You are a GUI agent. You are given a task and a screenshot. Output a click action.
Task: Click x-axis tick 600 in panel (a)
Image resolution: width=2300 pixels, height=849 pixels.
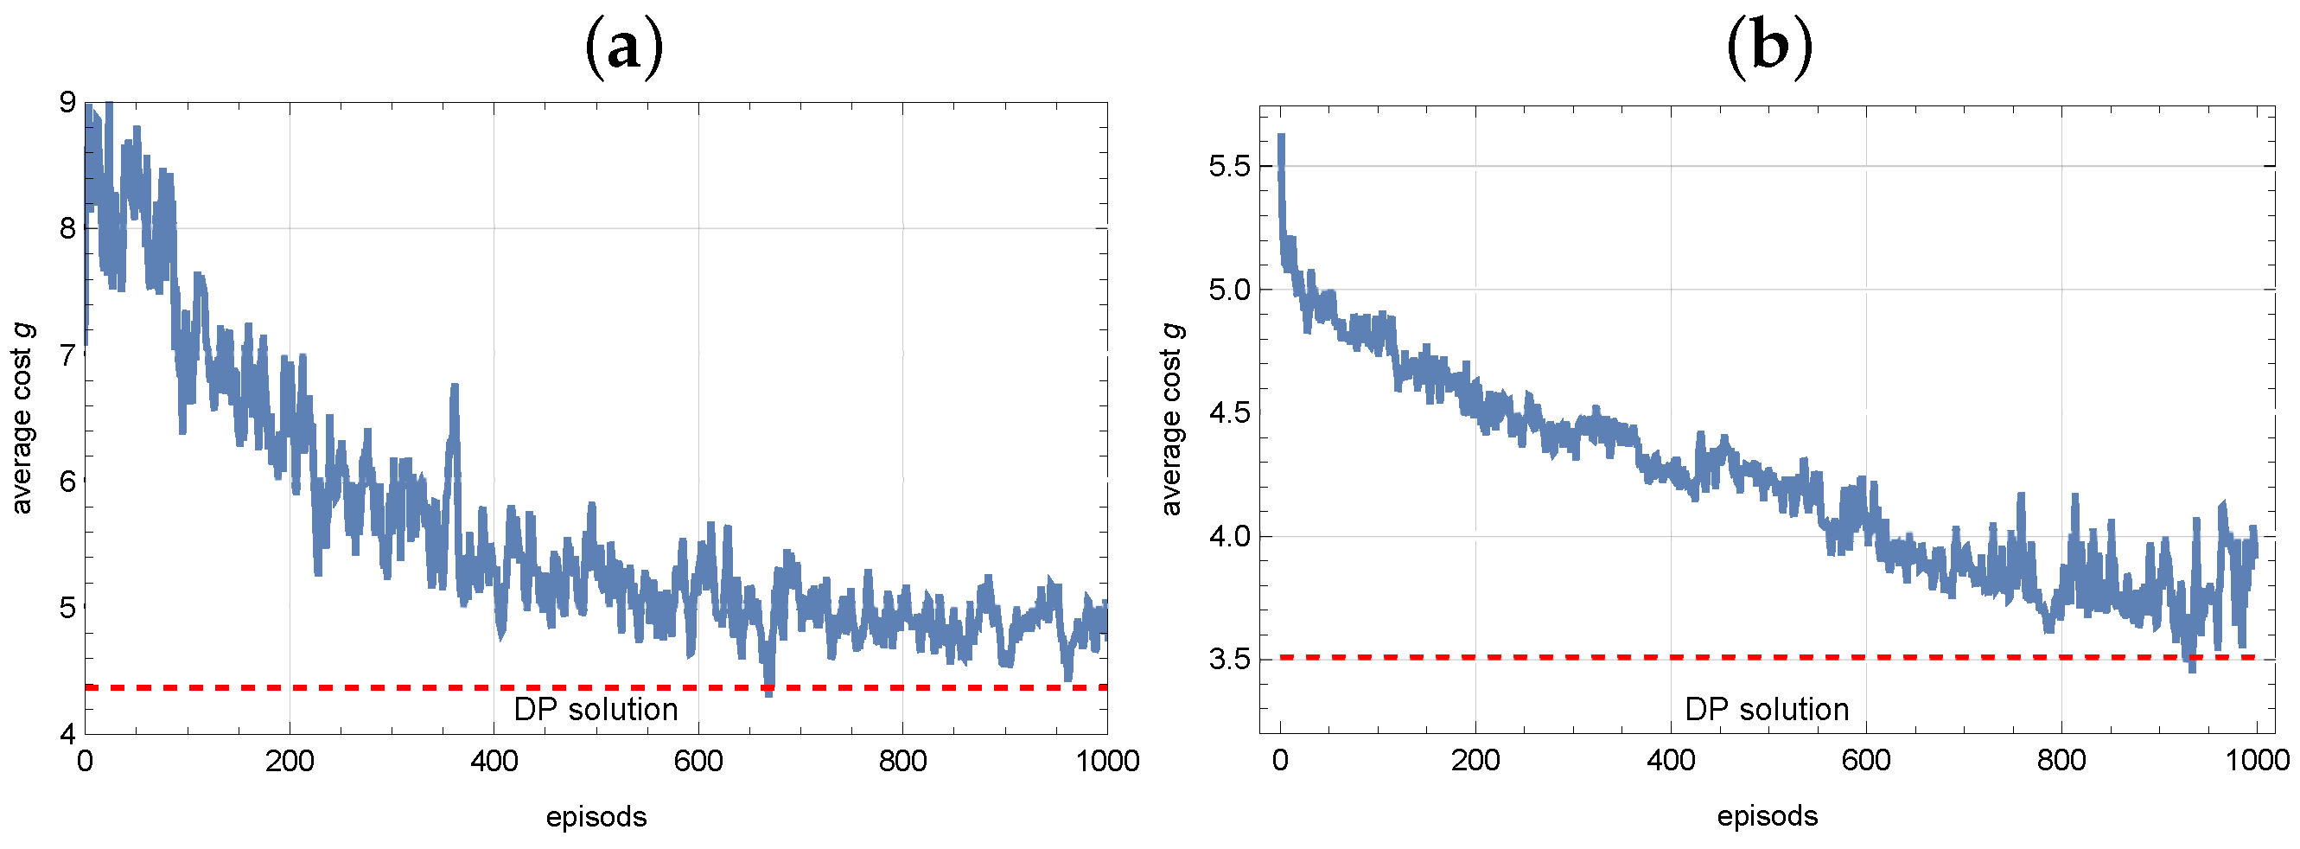[x=698, y=762]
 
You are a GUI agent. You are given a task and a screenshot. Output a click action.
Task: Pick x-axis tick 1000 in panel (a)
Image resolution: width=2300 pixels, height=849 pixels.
[x=1107, y=762]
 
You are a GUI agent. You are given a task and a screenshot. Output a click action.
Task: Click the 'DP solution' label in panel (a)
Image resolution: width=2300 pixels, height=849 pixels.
[x=596, y=710]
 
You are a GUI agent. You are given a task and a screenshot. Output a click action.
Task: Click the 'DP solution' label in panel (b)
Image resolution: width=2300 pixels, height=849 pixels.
[x=1767, y=710]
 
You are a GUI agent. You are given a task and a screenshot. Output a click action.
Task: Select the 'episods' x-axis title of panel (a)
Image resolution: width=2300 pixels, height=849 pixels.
[x=596, y=817]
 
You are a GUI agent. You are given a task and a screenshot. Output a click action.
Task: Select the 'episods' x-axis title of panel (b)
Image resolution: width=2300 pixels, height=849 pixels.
[x=1767, y=817]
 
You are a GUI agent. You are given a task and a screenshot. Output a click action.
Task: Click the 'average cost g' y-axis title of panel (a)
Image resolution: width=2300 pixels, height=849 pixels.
[x=22, y=419]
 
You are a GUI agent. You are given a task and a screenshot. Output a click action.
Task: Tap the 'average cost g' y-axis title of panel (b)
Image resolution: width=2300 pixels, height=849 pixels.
[x=1171, y=419]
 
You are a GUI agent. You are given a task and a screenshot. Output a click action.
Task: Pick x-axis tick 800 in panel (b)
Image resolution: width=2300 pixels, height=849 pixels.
[x=2061, y=762]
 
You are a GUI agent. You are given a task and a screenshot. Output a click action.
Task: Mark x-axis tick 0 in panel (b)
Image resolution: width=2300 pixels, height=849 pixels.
[x=1280, y=762]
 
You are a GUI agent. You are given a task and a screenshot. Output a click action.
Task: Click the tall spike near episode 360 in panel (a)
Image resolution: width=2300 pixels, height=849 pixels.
[x=455, y=389]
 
